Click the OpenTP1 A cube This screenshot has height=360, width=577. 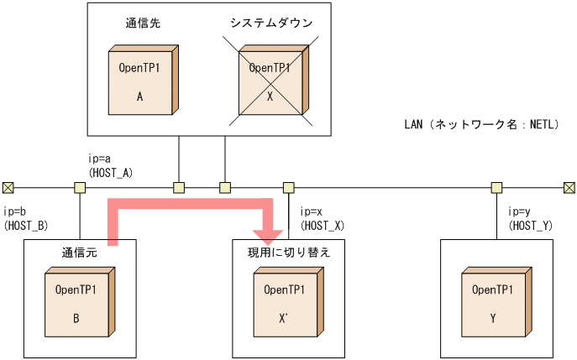[143, 81]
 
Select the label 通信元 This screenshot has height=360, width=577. [79, 252]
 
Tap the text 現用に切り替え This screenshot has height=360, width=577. [288, 252]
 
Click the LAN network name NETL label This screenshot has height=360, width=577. [481, 124]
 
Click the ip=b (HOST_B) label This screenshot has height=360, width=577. [25, 218]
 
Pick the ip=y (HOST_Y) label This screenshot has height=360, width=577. [531, 218]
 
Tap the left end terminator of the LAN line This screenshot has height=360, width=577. [8, 186]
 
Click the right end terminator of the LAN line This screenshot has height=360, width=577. [569, 186]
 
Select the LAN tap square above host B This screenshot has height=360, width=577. [80, 186]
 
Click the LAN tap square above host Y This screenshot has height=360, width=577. [497, 186]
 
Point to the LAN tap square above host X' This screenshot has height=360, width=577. [288, 186]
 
